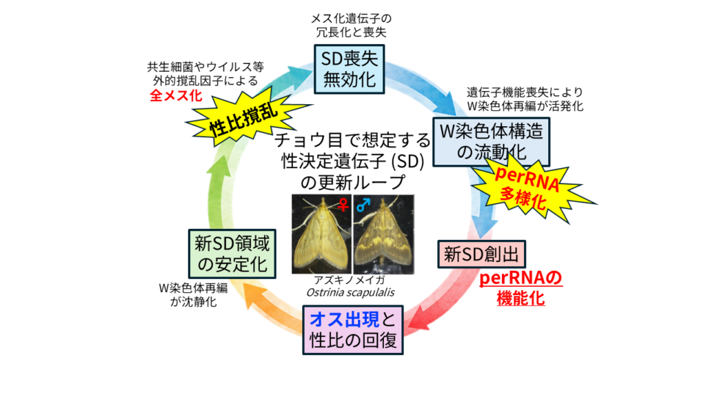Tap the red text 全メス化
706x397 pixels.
[x=176, y=95]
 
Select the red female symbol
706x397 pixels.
[x=343, y=205]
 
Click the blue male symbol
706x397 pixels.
[x=363, y=205]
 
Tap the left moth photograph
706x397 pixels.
[x=321, y=234]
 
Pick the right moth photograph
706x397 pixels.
[x=383, y=234]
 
